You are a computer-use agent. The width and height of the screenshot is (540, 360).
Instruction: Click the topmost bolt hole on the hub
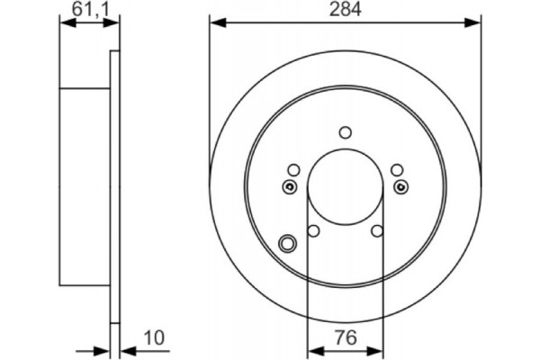tap(345, 132)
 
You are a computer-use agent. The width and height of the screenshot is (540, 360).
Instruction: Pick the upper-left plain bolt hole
tap(293, 170)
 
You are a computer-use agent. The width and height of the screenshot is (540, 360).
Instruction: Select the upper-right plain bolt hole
tap(396, 170)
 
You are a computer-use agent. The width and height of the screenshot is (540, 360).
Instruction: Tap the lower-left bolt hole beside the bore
tap(313, 231)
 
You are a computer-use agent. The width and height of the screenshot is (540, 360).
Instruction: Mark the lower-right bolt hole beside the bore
tap(377, 231)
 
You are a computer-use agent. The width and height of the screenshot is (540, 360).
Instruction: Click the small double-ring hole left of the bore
tap(289, 186)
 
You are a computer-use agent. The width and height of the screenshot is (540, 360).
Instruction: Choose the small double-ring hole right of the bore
tap(401, 186)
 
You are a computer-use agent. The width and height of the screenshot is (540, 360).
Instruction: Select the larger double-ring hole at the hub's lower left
tap(288, 243)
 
